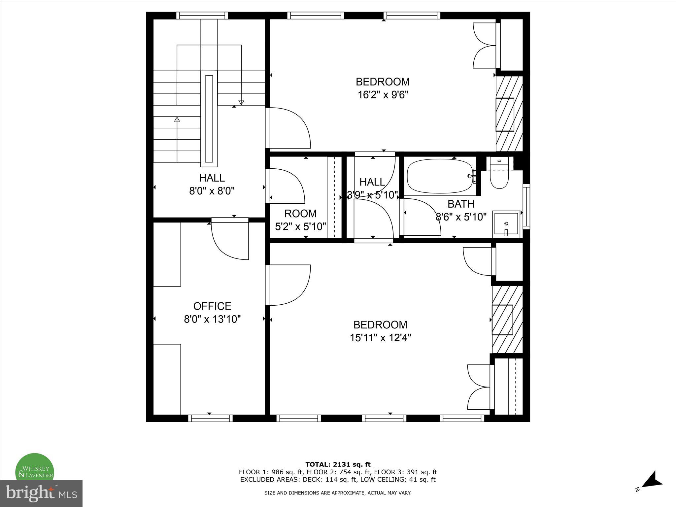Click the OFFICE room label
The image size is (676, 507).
click(x=212, y=306)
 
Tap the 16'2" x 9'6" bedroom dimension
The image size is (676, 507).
click(x=383, y=95)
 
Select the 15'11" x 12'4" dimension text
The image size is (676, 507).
click(x=380, y=338)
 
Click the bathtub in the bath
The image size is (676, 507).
click(x=440, y=176)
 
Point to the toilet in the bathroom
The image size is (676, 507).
click(x=499, y=177)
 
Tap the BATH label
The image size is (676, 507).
click(x=461, y=204)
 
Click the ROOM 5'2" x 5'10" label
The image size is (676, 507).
click(x=300, y=220)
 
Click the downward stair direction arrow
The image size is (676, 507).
click(x=241, y=102)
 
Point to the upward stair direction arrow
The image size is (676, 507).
click(x=177, y=119)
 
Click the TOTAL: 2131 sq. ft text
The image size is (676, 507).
click(x=338, y=465)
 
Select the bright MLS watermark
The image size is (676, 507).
click(x=41, y=493)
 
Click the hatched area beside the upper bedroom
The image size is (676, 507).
click(x=509, y=114)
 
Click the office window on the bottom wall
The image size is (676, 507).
click(x=210, y=418)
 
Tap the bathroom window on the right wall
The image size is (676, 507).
click(x=526, y=207)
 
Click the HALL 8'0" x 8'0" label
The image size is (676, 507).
click(x=212, y=185)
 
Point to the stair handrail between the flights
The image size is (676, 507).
click(x=209, y=119)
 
